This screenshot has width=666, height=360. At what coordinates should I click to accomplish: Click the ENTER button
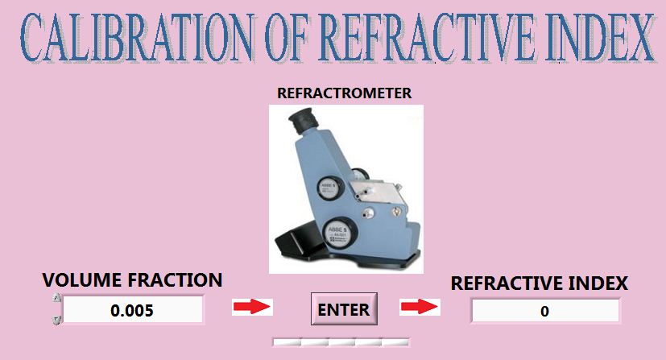(x=344, y=309)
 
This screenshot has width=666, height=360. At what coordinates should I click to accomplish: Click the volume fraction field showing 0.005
(x=133, y=310)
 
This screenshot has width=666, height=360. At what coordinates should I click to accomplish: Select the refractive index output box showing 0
(x=545, y=311)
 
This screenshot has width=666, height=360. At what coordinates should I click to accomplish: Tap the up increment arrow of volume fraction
(x=57, y=298)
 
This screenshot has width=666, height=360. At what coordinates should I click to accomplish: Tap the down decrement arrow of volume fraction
(x=57, y=320)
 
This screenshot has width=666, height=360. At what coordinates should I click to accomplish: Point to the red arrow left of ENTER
(x=252, y=307)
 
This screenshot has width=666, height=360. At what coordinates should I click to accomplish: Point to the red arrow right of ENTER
(x=420, y=307)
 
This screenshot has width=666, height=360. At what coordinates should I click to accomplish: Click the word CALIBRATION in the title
(x=138, y=37)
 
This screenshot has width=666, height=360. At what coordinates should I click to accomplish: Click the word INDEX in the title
(x=600, y=37)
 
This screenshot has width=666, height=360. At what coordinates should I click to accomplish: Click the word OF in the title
(x=286, y=37)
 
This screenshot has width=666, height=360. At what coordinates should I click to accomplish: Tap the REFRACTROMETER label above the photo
(x=344, y=93)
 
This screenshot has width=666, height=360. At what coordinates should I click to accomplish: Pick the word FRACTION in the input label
(x=175, y=280)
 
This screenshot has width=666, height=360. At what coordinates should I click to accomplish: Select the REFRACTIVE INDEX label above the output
(x=539, y=283)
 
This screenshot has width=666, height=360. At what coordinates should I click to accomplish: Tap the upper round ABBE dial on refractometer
(x=329, y=189)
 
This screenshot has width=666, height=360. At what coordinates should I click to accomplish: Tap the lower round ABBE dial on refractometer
(x=341, y=233)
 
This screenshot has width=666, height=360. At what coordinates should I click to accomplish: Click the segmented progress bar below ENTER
(x=341, y=341)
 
